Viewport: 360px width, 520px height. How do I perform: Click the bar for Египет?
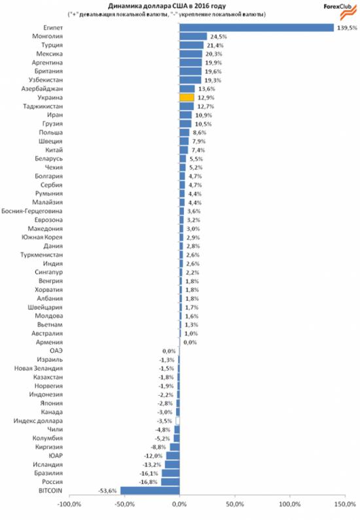pyautogui.click(x=257, y=27)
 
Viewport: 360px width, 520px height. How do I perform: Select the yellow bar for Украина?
pyautogui.click(x=187, y=97)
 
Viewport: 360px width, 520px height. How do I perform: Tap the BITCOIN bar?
pyautogui.click(x=150, y=491)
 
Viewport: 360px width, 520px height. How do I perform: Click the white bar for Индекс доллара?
pyautogui.click(x=177, y=421)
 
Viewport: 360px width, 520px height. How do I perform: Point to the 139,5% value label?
pyautogui.click(x=347, y=28)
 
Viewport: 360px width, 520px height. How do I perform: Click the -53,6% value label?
pyautogui.click(x=107, y=491)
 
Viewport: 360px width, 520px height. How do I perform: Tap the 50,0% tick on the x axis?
pyautogui.click(x=235, y=504)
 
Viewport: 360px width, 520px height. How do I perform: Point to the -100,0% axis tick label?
pyautogui.click(x=69, y=504)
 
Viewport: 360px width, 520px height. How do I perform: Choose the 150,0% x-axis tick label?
pyautogui.click(x=345, y=504)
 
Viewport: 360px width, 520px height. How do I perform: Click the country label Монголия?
pyautogui.click(x=47, y=36)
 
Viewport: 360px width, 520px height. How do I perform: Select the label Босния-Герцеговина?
pyautogui.click(x=32, y=211)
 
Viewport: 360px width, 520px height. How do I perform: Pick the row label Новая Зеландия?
pyautogui.click(x=38, y=368)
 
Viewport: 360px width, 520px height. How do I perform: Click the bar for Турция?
pyautogui.click(x=191, y=45)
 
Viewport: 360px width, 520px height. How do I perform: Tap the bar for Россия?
pyautogui.click(x=170, y=482)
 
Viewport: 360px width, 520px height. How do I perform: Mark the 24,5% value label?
pyautogui.click(x=219, y=37)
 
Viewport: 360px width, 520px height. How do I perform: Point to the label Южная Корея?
pyautogui.click(x=42, y=237)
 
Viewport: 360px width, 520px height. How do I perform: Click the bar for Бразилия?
pyautogui.click(x=171, y=474)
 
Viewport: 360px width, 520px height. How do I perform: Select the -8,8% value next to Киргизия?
pyautogui.click(x=158, y=447)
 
